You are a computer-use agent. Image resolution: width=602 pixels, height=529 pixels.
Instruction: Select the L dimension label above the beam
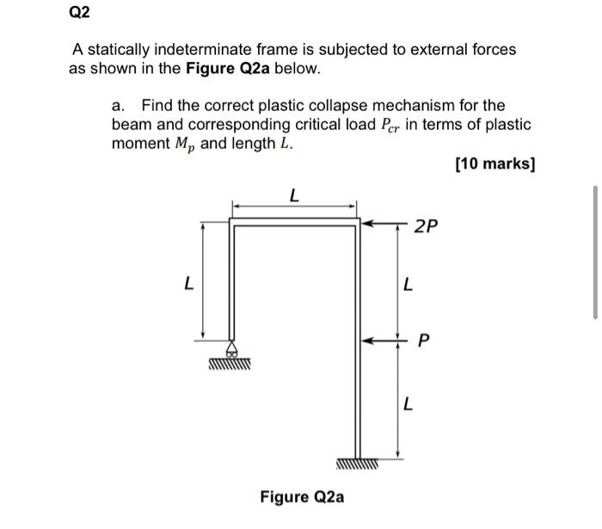[x=293, y=196]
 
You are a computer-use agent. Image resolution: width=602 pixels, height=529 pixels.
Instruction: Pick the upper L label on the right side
[x=408, y=283]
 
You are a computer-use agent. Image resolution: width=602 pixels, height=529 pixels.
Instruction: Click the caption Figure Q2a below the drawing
[x=302, y=496]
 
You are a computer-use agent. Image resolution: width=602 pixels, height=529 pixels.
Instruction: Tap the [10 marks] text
[x=494, y=163]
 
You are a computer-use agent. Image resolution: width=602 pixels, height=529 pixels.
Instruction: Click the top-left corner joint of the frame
[x=232, y=223]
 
